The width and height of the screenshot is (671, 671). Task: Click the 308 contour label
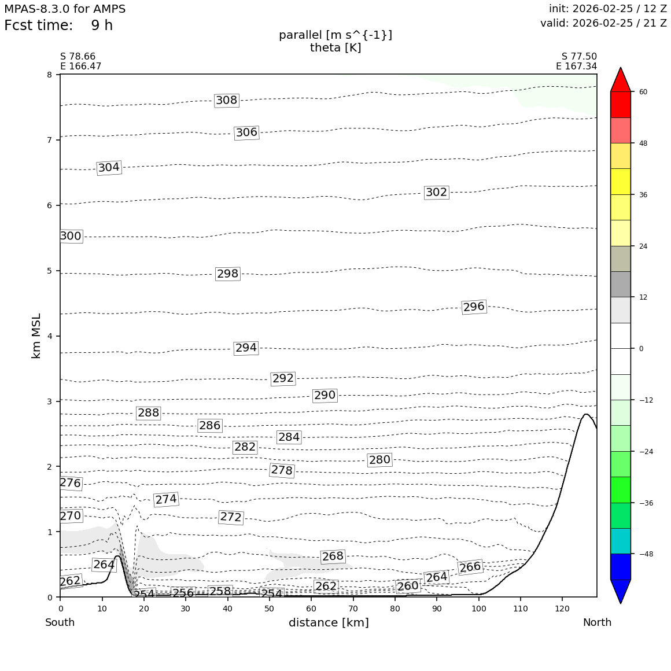pos(226,100)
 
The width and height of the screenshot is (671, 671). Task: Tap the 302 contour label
pos(436,192)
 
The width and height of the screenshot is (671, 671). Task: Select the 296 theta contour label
pos(474,307)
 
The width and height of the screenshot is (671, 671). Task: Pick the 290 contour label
pos(325,395)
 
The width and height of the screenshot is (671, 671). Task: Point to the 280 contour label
pos(379,460)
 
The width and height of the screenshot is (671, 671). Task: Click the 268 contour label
pos(333,556)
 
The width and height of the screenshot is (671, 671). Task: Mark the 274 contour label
pos(166,499)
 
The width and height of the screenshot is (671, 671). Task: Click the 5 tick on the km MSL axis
pos(50,271)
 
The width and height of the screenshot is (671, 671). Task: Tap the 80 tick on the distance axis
pos(395,609)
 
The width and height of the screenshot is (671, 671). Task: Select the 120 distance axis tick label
pos(562,609)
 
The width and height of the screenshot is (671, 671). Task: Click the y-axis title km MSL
pos(36,335)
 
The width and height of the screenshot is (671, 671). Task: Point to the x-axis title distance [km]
pos(329,622)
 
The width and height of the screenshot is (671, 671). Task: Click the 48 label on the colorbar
pos(643,143)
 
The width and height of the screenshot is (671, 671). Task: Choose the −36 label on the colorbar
pos(645,503)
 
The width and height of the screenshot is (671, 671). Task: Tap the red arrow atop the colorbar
pos(621,80)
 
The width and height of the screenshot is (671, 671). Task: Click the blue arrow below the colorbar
pos(621,591)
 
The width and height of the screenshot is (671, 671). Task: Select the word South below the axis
pos(60,622)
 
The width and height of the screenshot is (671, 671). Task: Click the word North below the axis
pos(597,622)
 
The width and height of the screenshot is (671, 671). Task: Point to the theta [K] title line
pos(335,47)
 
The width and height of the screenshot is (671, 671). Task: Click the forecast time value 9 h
pos(102,25)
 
